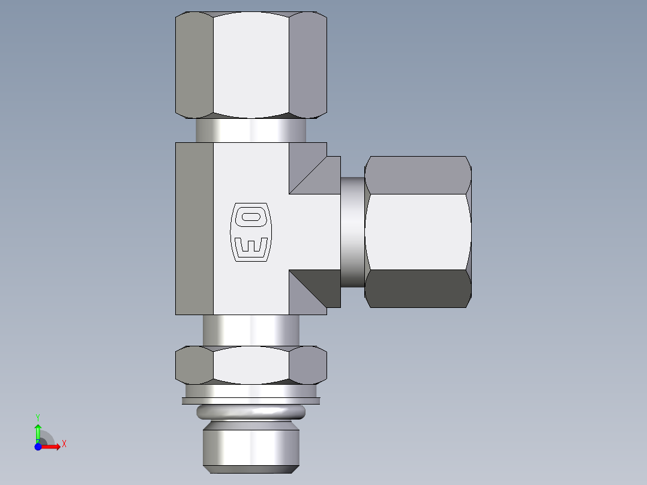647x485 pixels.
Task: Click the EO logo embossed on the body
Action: [x=250, y=232]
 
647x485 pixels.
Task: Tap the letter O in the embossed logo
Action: [x=250, y=217]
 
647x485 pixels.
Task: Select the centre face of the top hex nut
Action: [x=251, y=64]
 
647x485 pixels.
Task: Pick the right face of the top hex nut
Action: [x=307, y=64]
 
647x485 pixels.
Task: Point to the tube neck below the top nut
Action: [x=251, y=130]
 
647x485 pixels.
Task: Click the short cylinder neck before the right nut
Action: [x=352, y=232]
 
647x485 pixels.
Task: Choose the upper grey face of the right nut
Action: [x=417, y=175]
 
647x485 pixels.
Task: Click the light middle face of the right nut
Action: [x=417, y=232]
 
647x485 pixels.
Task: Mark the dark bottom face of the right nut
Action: [x=417, y=289]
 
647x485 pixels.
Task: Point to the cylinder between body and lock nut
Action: [x=251, y=330]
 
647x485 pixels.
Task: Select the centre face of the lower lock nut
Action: [x=251, y=365]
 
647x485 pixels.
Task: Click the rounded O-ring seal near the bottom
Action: [x=251, y=412]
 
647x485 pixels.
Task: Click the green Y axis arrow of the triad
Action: [x=38, y=430]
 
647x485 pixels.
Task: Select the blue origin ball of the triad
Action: [x=38, y=447]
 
